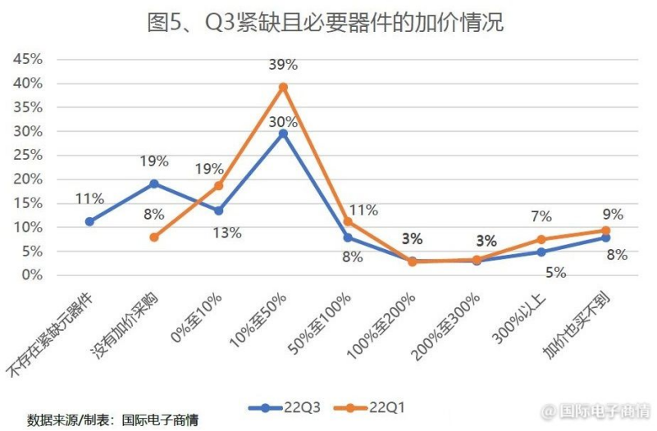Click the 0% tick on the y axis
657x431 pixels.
coord(30,275)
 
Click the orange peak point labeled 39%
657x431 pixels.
coord(283,87)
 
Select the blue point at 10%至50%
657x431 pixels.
coord(283,133)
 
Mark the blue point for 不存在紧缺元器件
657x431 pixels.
coord(89,221)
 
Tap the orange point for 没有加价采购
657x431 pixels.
coord(153,237)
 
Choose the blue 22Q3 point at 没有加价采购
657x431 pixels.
coord(153,184)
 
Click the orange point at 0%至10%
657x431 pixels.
coord(218,185)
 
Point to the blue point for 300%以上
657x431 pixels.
coord(541,252)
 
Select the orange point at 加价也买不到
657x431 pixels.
coord(606,231)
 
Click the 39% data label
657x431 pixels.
coord(283,65)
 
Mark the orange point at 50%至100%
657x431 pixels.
coord(348,222)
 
